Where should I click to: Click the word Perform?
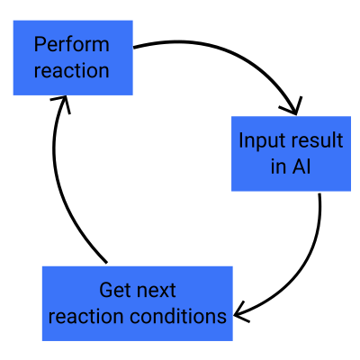pos(71,44)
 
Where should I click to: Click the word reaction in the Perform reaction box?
pos(71,71)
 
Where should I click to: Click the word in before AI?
pos(277,166)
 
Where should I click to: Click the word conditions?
pos(178,316)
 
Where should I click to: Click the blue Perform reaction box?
pos(73,58)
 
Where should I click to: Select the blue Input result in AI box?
pos(291,154)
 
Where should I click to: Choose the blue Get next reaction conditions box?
pos(138,303)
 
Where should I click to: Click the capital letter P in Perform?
pos(40,44)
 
